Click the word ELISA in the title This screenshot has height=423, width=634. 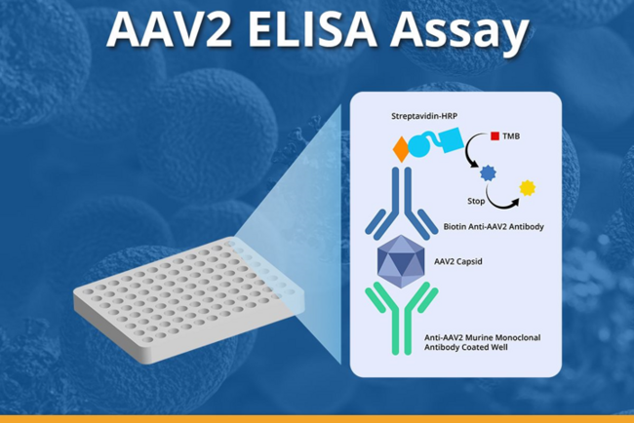click(313, 29)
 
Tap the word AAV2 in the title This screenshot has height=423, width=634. click(170, 29)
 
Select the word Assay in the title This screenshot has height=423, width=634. click(459, 32)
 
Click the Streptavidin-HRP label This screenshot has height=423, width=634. click(424, 116)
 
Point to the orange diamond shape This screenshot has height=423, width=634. click(401, 149)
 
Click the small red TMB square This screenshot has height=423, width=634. click(495, 136)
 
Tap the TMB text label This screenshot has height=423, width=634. click(511, 136)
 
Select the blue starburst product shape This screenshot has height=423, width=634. click(488, 173)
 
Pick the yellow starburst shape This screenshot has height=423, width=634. click(528, 188)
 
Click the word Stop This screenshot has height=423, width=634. click(476, 201)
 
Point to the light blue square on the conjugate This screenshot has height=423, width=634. click(451, 140)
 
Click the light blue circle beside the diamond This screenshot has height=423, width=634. click(418, 145)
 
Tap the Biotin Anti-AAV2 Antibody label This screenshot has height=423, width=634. click(494, 227)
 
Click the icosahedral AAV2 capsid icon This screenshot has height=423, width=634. click(401, 261)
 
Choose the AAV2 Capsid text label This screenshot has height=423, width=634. click(458, 261)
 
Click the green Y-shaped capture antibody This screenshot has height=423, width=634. click(402, 319)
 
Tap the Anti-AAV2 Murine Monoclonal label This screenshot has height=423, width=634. click(483, 338)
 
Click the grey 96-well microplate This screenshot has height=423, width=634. click(188, 300)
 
